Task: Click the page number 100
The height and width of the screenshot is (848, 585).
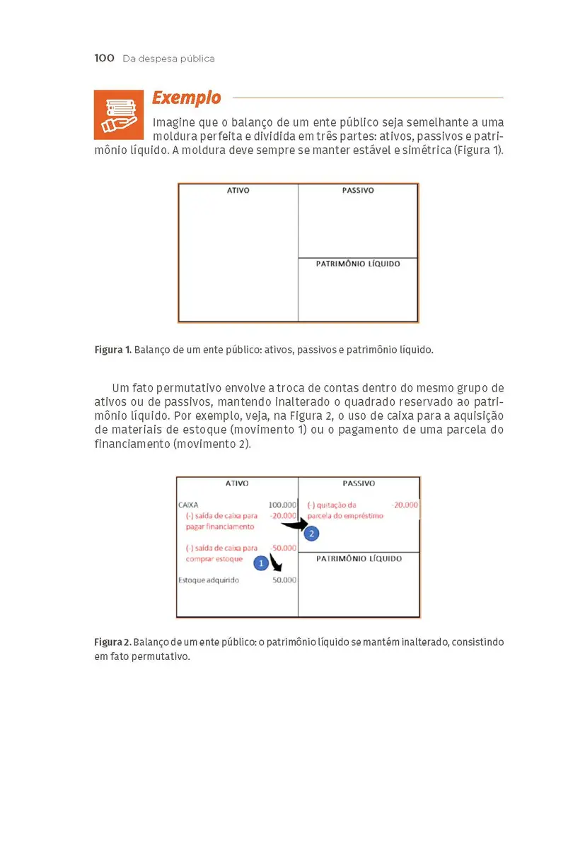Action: click(104, 58)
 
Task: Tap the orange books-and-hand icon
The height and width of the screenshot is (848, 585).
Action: click(114, 114)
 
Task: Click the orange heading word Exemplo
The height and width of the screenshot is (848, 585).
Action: click(187, 98)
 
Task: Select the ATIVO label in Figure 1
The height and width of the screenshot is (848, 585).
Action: click(238, 191)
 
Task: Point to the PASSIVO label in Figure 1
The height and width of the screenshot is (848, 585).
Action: click(358, 191)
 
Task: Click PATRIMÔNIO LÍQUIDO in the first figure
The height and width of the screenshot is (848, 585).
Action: click(358, 264)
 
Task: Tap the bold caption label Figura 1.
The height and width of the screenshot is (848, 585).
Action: click(112, 350)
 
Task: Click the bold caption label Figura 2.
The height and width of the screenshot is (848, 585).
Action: click(112, 642)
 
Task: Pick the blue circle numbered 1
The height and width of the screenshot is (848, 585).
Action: click(260, 563)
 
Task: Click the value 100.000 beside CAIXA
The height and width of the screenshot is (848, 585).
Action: click(282, 505)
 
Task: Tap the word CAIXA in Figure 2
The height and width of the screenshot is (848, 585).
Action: click(188, 505)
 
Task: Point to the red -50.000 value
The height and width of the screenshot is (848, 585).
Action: click(284, 548)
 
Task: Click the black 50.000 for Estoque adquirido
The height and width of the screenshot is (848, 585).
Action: click(284, 580)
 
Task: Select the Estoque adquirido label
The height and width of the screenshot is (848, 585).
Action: click(209, 580)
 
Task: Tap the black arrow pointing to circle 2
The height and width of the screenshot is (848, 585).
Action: click(293, 524)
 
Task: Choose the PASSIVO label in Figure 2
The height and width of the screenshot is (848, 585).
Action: click(359, 484)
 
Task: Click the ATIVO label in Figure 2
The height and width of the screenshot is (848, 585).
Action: click(237, 484)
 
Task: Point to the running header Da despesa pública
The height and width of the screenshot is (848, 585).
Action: click(168, 59)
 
